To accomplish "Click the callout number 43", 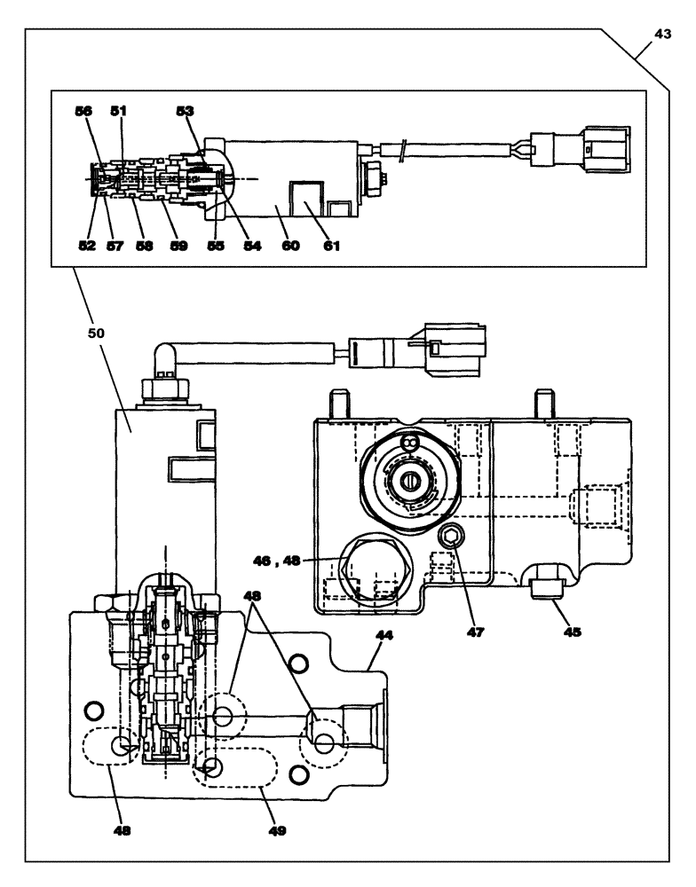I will [663, 32].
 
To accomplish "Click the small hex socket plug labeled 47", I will [451, 534].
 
